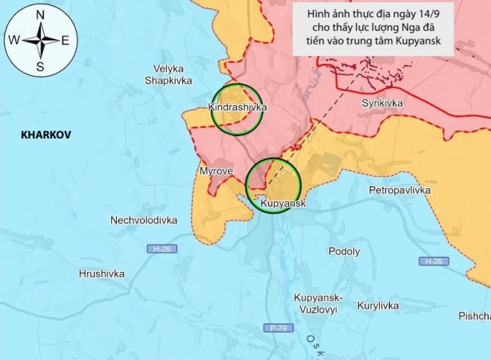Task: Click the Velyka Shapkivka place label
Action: click(x=168, y=75)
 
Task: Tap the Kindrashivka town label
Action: click(x=237, y=107)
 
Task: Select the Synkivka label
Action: click(x=382, y=103)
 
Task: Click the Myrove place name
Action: click(x=215, y=171)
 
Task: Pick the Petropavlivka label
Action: click(x=399, y=190)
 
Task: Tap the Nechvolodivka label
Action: click(x=144, y=220)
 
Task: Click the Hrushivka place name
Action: click(x=102, y=274)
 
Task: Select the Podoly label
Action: click(x=344, y=252)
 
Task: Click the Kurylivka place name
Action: click(x=378, y=306)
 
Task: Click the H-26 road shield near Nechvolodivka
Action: click(x=163, y=249)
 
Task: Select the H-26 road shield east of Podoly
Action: click(x=433, y=261)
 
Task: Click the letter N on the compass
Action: click(x=40, y=14)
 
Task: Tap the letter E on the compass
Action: click(x=65, y=40)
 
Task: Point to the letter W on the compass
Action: click(x=14, y=40)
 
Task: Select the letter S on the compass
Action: click(x=40, y=67)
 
